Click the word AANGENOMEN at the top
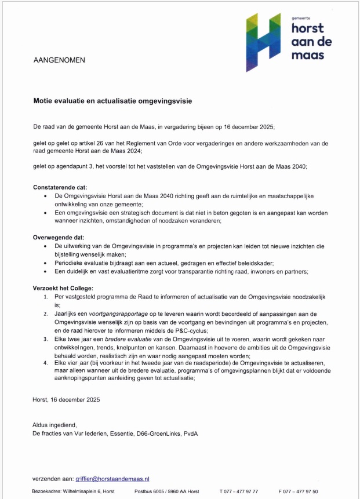[59, 60]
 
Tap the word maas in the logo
[307, 55]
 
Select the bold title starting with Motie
[112, 100]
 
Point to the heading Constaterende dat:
[60, 187]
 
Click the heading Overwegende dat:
[58, 238]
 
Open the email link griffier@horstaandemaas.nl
[112, 479]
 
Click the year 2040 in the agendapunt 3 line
[296, 166]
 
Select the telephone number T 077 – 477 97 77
[239, 491]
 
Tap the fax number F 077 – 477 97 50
[298, 491]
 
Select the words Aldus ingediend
[54, 425]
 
